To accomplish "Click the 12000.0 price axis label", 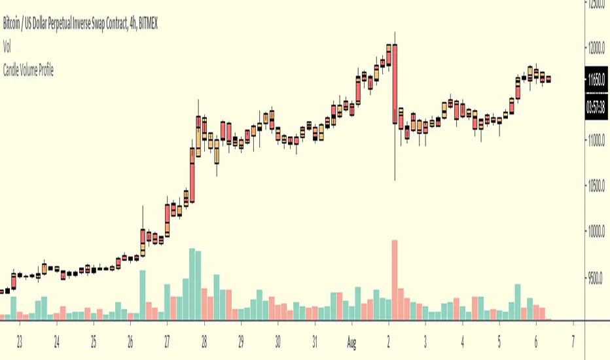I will point(596,48).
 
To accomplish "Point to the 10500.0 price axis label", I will point(596,186).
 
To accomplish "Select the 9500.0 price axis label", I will point(596,278).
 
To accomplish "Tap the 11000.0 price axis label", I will point(596,140).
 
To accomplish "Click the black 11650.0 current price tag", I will point(596,79).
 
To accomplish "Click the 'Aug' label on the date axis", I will point(351,341).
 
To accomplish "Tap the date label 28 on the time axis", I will point(204,341).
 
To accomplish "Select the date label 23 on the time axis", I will point(20,341).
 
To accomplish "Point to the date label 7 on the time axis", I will point(574,341).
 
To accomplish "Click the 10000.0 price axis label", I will point(596,232).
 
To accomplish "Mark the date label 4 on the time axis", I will point(462,341).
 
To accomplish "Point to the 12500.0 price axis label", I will point(596,4).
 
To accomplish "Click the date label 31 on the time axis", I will point(315,341).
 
